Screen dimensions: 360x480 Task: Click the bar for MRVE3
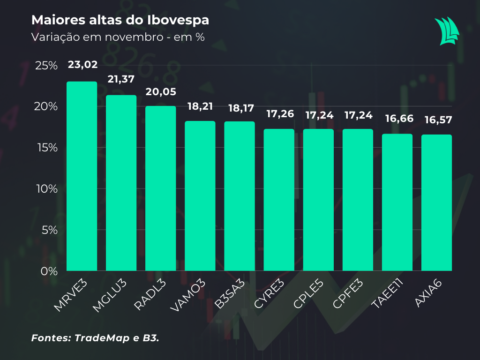click(82, 176)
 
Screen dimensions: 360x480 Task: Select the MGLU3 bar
click(121, 183)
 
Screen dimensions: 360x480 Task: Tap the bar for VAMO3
click(200, 196)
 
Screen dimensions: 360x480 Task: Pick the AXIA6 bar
click(436, 202)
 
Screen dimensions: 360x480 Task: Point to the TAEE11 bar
click(397, 202)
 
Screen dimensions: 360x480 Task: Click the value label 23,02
click(82, 65)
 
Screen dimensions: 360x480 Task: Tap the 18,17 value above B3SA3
click(240, 108)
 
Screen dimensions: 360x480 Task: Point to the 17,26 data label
click(279, 114)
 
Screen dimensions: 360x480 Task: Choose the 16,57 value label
click(436, 120)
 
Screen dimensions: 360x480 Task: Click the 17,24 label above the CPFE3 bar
click(358, 114)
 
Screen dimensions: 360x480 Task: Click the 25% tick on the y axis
click(46, 66)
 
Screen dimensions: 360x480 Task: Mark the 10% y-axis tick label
click(46, 189)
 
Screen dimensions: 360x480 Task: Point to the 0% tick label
click(49, 271)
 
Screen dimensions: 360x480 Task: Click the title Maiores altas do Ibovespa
click(120, 21)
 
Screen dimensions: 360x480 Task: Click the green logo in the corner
click(447, 31)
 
